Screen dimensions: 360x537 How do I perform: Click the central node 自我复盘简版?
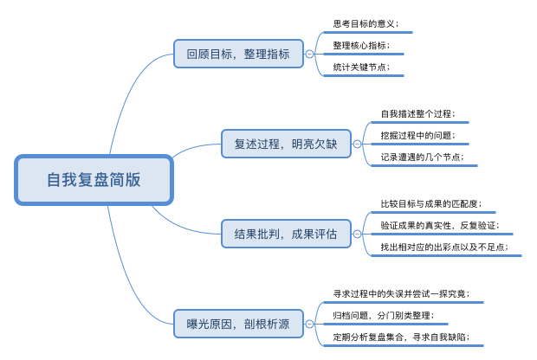94,181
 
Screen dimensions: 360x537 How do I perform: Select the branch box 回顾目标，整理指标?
238,54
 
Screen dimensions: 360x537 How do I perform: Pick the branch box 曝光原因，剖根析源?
238,325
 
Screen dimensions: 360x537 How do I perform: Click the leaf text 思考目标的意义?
366,24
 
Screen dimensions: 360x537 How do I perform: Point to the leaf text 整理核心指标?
361,45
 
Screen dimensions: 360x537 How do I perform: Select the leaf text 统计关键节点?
361,67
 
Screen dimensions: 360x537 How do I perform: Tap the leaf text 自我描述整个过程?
417,114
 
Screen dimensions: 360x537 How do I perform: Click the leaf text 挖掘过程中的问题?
417,135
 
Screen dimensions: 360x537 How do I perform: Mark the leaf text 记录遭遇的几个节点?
422,157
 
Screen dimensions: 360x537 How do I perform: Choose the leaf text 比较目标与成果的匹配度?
431,204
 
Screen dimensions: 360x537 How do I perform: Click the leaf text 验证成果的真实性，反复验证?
440,226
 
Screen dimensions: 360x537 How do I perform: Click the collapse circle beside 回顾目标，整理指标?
310,54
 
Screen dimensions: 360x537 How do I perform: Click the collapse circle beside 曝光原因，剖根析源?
310,325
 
